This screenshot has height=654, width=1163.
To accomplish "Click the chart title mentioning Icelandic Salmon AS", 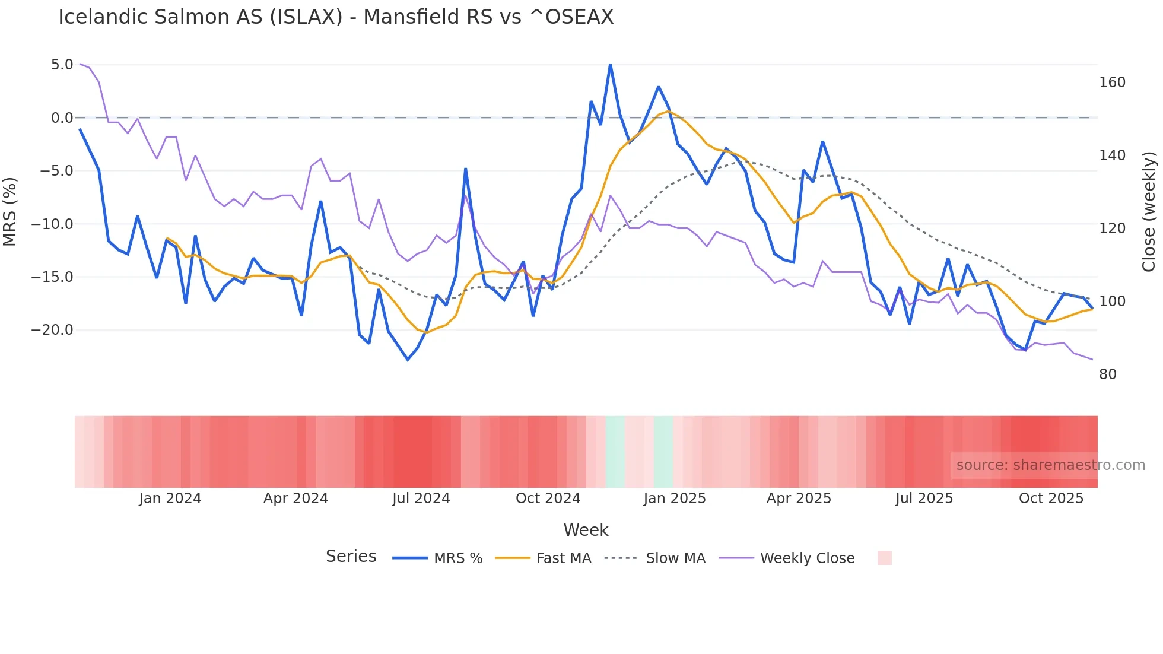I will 336,17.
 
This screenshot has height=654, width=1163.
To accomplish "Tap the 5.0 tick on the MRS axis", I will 62,65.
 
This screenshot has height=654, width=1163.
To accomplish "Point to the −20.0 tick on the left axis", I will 52,330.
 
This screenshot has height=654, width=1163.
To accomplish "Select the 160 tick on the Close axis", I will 1112,82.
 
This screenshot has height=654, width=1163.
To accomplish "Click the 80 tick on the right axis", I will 1108,374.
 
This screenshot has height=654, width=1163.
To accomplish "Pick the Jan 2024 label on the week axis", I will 170,499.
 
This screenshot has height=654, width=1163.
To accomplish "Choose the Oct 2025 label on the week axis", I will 1051,499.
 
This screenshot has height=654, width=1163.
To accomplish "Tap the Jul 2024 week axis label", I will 421,499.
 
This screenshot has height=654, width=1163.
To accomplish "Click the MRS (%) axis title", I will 10,211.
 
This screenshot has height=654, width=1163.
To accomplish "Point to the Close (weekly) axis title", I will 1149,211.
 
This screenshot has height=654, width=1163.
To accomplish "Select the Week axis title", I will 586,530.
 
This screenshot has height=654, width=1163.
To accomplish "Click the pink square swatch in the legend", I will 884,558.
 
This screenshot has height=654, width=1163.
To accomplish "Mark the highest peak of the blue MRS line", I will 610,65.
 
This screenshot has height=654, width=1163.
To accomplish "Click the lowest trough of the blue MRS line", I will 408,360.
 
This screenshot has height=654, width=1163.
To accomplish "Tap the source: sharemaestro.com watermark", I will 1050,465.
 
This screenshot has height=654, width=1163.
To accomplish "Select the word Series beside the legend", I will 351,557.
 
